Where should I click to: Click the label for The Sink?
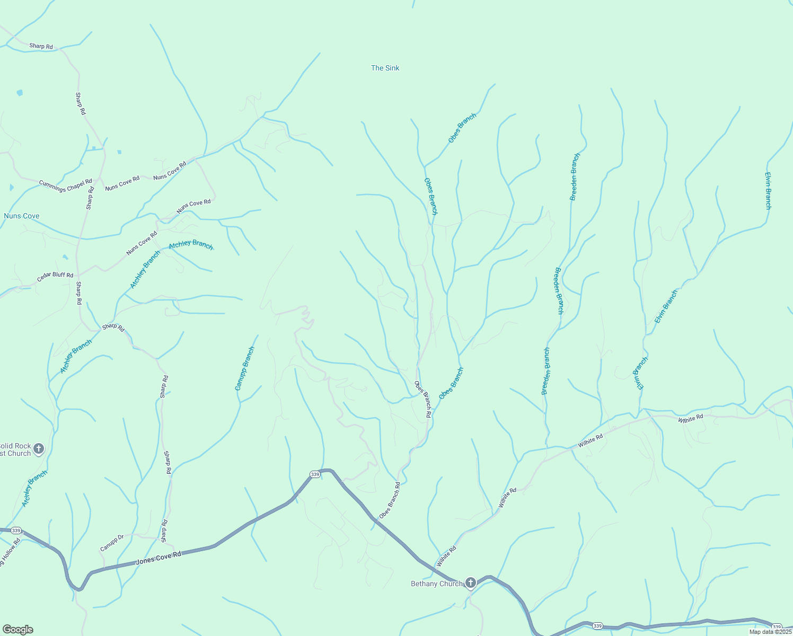click(385, 68)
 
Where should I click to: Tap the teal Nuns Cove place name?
click(21, 216)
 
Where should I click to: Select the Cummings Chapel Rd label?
click(65, 185)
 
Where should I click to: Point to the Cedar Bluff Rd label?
click(55, 277)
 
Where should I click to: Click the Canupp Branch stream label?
click(245, 369)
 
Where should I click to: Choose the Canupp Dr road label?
click(112, 542)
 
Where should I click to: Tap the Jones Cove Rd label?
click(158, 558)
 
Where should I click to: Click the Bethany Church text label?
click(437, 584)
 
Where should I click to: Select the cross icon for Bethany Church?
click(470, 583)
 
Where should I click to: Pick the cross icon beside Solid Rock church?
click(38, 449)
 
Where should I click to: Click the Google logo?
click(17, 630)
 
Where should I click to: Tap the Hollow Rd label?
click(9, 554)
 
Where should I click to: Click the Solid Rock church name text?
click(16, 449)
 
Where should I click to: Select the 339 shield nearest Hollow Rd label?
click(16, 531)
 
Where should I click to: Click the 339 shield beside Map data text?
click(777, 626)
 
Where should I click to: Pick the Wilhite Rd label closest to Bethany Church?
click(446, 557)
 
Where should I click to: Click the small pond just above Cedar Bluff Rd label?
click(65, 258)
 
